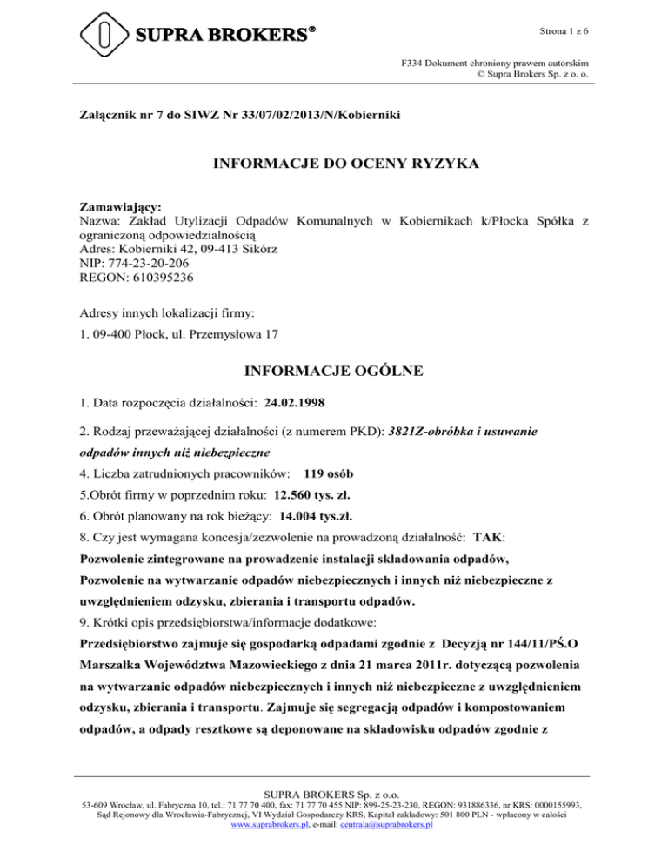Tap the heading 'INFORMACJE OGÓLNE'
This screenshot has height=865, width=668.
click(334, 371)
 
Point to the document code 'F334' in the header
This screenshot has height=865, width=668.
click(411, 63)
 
